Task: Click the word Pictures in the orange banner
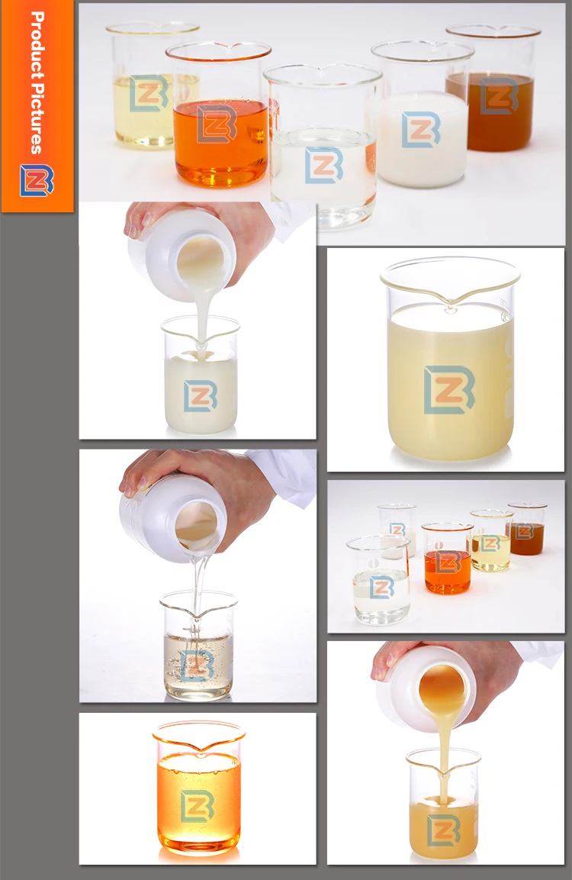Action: click(x=37, y=118)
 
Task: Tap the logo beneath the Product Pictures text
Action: click(x=37, y=180)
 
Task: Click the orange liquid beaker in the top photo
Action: click(x=220, y=114)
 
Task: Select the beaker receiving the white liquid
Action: click(x=200, y=375)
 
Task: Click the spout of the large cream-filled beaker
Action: click(x=451, y=302)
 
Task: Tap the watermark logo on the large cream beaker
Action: click(x=449, y=390)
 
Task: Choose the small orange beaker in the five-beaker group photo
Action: click(x=447, y=559)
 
